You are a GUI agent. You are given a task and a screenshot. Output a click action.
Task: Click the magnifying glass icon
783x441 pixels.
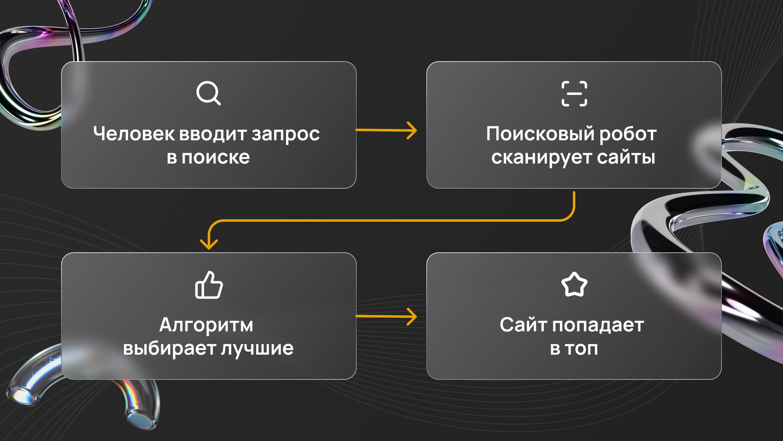click(208, 93)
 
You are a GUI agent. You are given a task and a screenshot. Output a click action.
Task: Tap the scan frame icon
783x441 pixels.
click(574, 94)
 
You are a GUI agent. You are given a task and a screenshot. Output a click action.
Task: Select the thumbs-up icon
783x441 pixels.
click(209, 285)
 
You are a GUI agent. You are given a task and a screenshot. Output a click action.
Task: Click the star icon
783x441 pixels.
click(574, 285)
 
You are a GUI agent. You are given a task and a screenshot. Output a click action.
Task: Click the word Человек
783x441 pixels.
click(134, 134)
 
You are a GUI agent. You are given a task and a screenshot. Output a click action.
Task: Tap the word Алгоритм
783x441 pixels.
click(206, 325)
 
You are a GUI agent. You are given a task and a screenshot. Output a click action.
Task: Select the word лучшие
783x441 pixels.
click(257, 349)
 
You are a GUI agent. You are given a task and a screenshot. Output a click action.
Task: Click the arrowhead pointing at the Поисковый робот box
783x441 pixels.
click(413, 130)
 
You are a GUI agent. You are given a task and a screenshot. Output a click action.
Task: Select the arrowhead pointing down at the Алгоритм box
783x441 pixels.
click(209, 245)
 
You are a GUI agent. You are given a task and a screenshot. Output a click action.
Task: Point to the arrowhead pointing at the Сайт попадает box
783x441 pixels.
click(413, 316)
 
